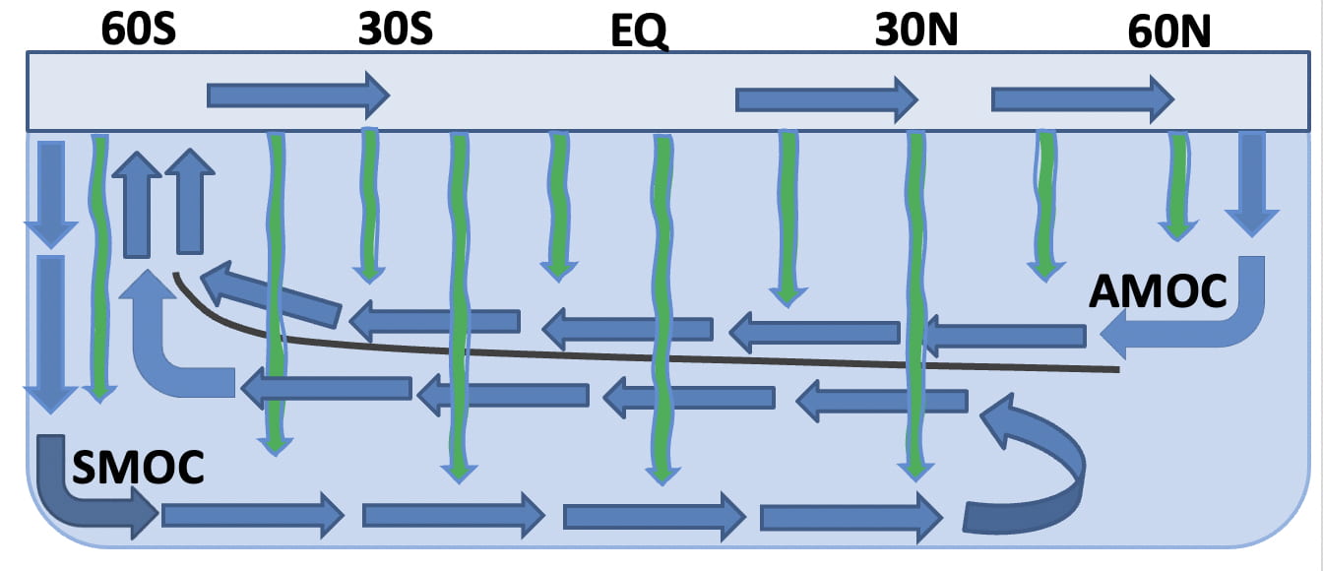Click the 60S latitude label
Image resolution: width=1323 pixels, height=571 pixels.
[x=139, y=30]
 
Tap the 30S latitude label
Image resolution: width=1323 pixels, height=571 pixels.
[x=394, y=30]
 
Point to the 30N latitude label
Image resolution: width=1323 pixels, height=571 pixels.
[x=916, y=32]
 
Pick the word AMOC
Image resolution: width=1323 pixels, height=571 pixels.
[x=1159, y=291]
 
